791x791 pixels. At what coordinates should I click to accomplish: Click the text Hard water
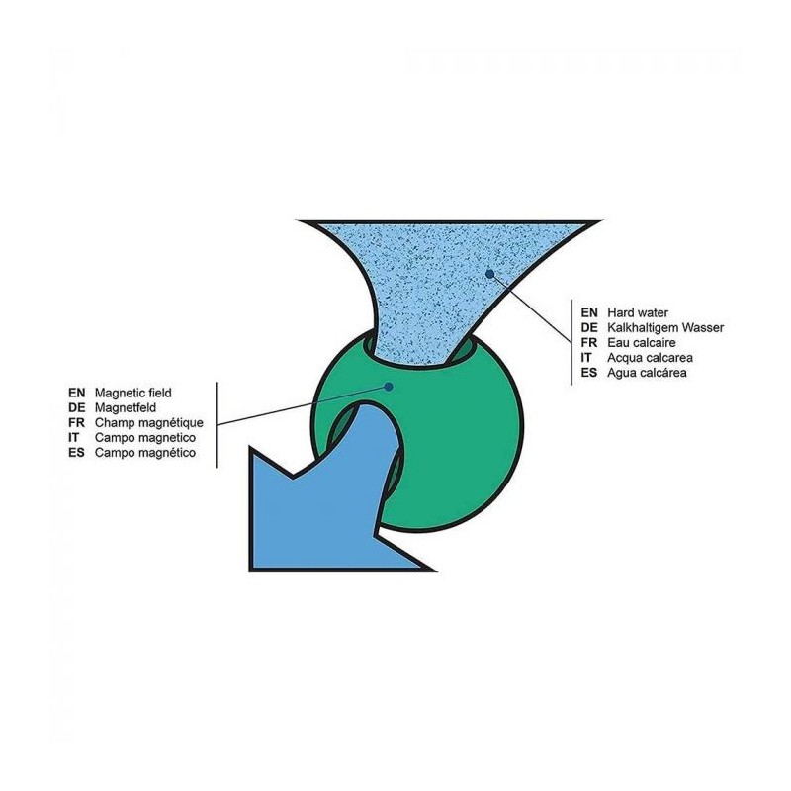click(640, 310)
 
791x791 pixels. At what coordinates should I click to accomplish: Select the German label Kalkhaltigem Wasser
click(667, 326)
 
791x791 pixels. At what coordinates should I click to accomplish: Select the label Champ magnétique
click(141, 422)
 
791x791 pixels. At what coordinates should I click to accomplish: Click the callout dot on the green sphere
click(390, 386)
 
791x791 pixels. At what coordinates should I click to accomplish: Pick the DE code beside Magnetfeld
click(77, 407)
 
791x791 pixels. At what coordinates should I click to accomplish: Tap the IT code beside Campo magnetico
click(74, 437)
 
